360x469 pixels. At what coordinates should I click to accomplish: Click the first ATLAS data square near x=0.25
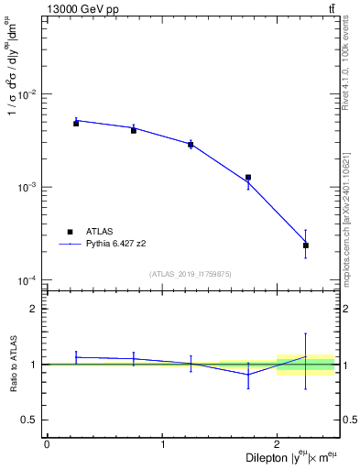click(x=76, y=123)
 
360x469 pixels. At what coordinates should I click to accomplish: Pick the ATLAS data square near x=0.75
click(x=134, y=130)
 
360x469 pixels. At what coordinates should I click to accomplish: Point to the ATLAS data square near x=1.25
click(x=191, y=145)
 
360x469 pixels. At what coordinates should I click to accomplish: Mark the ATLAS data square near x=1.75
click(x=248, y=178)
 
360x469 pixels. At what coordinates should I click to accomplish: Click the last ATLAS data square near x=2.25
click(x=306, y=245)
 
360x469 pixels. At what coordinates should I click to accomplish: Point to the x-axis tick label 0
click(x=47, y=444)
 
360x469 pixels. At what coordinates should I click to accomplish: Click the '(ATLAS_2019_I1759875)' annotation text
click(x=191, y=273)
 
